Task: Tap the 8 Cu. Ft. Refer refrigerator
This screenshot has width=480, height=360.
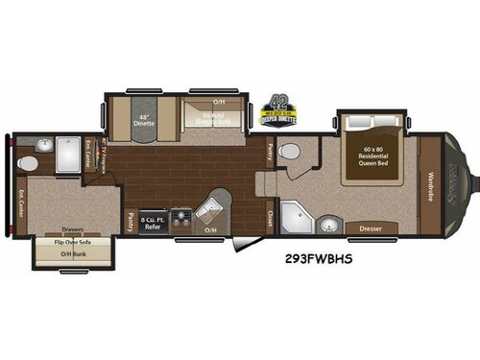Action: [152, 224]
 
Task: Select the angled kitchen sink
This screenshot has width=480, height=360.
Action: [211, 208]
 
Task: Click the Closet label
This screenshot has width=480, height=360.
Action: [271, 217]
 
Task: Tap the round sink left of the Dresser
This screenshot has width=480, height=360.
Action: [329, 225]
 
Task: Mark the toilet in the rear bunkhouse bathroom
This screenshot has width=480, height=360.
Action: [29, 164]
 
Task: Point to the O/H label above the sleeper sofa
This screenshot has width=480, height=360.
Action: [219, 102]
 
